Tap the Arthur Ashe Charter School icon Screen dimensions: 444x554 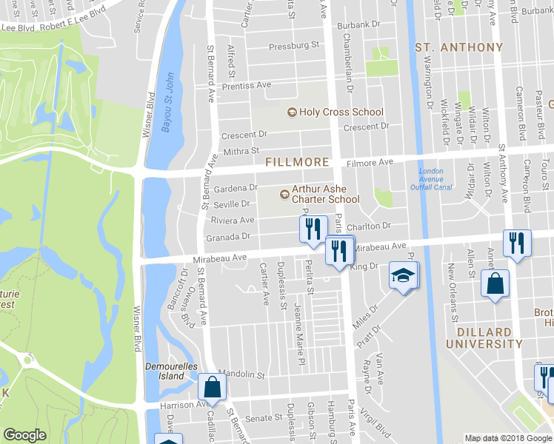point(284,194)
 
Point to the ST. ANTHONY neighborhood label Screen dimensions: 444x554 point(459,47)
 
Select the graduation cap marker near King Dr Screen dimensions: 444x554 point(404,276)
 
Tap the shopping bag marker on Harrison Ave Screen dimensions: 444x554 point(213,386)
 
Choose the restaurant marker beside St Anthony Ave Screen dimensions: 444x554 point(516,243)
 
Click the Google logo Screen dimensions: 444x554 point(24,435)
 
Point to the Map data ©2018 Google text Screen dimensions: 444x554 point(507,438)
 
